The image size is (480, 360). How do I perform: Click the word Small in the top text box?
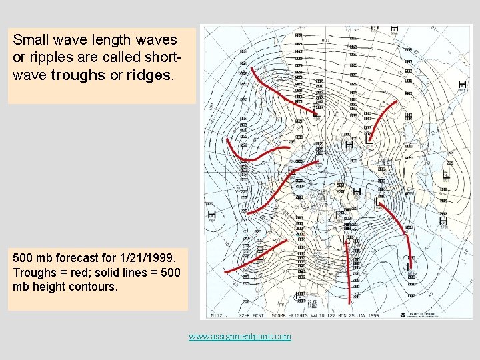29,40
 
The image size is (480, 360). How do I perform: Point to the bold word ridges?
151,75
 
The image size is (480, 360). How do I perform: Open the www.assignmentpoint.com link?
239,336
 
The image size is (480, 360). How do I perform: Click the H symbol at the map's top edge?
394,29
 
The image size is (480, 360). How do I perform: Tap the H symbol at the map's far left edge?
212,215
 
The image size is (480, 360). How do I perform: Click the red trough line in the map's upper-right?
380,120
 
